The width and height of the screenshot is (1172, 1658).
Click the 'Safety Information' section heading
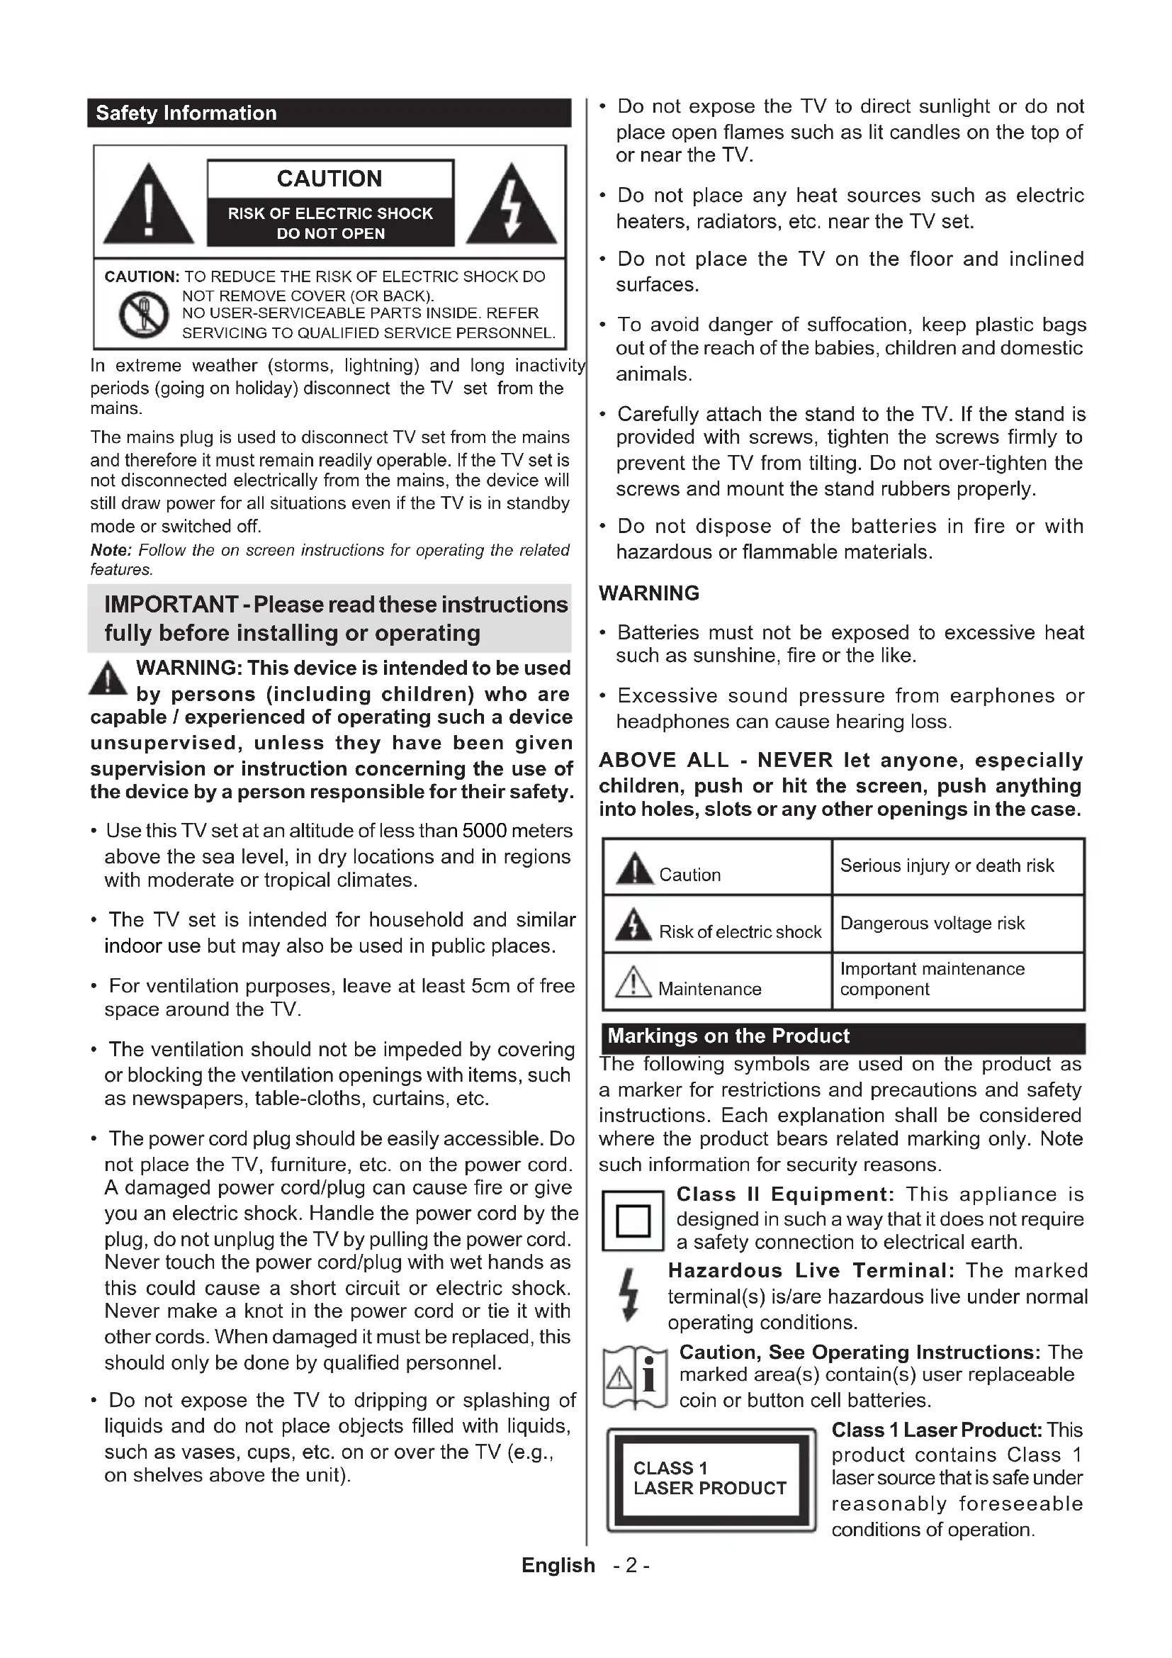click(186, 113)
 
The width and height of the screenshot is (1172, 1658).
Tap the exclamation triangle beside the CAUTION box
click(148, 206)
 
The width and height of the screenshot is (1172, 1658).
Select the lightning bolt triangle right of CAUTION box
click(511, 206)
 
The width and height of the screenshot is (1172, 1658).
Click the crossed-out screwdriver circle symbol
click(144, 314)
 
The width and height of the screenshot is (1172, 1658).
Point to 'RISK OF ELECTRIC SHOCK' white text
click(329, 214)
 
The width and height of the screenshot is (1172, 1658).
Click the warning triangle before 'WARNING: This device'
click(108, 679)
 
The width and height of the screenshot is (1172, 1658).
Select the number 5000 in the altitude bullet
click(485, 831)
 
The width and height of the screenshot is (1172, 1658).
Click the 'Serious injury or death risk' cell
click(947, 866)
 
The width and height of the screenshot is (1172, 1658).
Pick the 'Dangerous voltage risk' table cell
click(932, 924)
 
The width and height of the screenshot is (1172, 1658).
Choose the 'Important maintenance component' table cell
click(932, 979)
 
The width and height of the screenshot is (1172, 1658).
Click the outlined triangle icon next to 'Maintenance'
click(633, 981)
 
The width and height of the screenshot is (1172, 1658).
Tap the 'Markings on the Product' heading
click(728, 1036)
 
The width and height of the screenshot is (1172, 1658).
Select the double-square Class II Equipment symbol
click(633, 1221)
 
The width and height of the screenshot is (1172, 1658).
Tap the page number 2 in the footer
click(631, 1566)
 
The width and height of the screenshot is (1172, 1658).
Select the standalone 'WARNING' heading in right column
click(649, 593)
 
